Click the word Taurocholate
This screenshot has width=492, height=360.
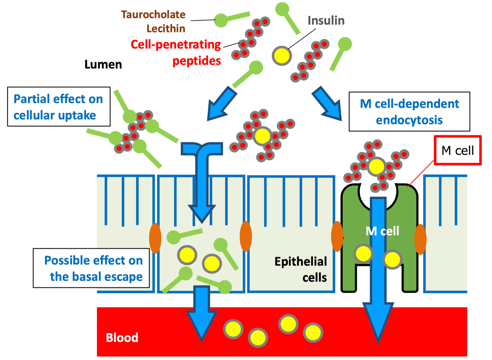[153, 15]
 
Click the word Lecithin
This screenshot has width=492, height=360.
[166, 29]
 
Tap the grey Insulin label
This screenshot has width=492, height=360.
[326, 21]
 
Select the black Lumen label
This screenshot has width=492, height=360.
[103, 65]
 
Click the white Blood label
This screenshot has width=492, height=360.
[122, 337]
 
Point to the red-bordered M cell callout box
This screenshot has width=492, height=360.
[457, 150]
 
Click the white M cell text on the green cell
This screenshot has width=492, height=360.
[382, 231]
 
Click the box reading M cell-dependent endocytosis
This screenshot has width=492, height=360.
[409, 112]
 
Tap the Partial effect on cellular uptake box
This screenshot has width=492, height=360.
[58, 107]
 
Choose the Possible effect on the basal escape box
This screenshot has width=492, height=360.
[91, 268]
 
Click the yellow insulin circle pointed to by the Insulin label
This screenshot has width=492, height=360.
[281, 56]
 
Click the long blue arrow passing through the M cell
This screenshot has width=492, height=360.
[378, 267]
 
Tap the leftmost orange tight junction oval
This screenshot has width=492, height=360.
[155, 238]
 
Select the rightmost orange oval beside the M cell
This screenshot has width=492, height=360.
[420, 239]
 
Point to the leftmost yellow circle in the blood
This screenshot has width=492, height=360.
[233, 329]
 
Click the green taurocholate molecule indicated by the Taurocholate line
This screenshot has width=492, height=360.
[221, 20]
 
